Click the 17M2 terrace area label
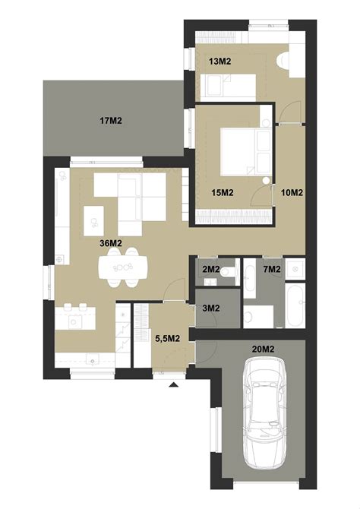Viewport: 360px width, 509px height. tap(111, 121)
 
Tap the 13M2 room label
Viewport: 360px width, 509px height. tap(219, 62)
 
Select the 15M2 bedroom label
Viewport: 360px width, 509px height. tap(223, 193)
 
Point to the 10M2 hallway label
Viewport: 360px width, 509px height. tap(292, 193)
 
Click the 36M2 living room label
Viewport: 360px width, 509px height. tap(111, 243)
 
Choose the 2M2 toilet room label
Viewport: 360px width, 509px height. tap(211, 269)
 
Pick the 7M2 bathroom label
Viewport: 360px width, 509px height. tap(272, 269)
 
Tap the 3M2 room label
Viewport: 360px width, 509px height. tap(211, 308)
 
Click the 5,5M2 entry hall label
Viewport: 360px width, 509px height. tap(168, 339)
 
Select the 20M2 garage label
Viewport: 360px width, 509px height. tap(264, 349)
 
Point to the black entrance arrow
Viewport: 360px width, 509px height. tap(174, 385)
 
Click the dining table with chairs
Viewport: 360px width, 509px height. tap(123, 267)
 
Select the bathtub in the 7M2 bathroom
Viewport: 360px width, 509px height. tap(295, 305)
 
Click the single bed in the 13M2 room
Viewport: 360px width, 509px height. tap(228, 85)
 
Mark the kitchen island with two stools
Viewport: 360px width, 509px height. tap(75, 317)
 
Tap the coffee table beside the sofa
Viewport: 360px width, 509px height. tap(94, 221)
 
